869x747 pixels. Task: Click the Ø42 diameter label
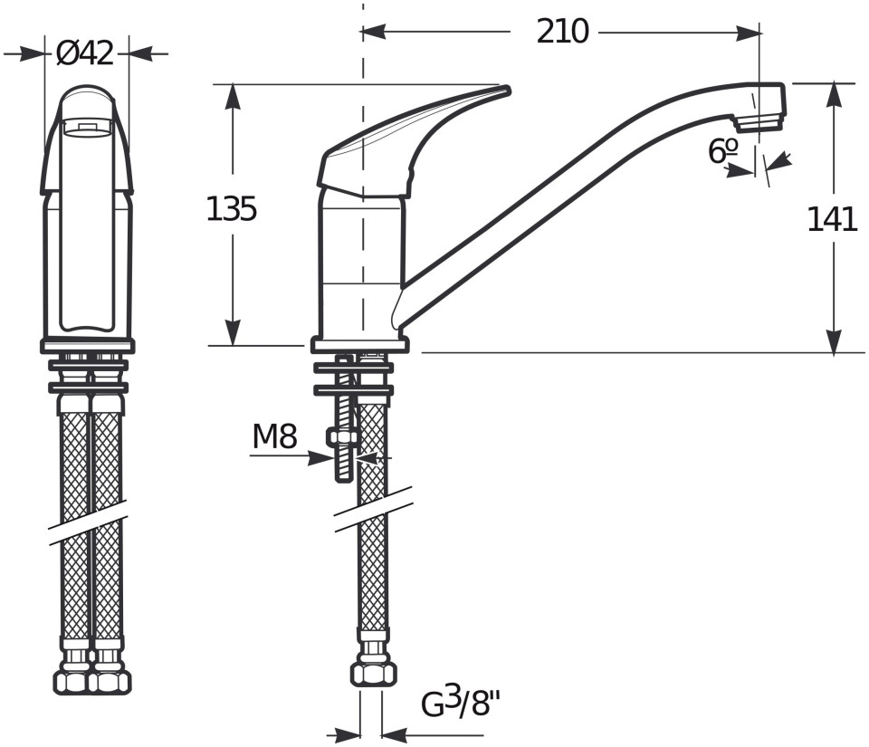tap(85, 53)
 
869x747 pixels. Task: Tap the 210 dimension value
tap(562, 32)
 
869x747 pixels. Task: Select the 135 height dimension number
tap(231, 209)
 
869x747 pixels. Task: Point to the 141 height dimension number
tap(832, 219)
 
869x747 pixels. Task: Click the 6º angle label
tap(722, 151)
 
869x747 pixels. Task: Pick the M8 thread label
tap(275, 436)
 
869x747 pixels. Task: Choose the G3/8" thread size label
tap(461, 704)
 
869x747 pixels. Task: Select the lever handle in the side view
tap(413, 140)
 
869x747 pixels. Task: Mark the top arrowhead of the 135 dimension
tap(234, 96)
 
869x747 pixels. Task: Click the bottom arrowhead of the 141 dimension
tap(834, 340)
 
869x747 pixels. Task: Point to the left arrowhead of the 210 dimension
tap(373, 32)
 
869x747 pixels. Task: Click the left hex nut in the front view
tap(71, 682)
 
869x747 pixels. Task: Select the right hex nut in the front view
tap(110, 682)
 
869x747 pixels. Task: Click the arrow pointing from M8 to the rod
tap(291, 457)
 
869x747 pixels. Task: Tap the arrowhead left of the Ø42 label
tap(32, 54)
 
